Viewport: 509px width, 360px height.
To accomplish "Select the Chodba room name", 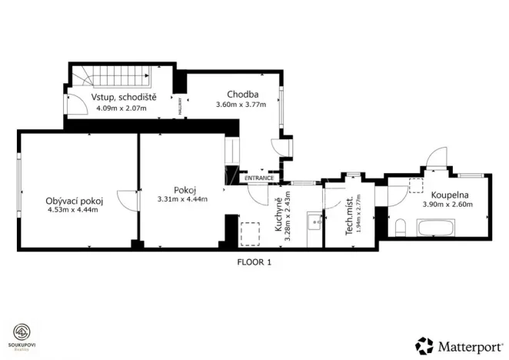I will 241,95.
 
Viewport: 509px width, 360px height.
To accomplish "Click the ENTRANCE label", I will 259,178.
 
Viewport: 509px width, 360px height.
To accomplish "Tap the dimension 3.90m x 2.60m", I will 447,205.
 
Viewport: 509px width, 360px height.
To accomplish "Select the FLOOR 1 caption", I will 254,262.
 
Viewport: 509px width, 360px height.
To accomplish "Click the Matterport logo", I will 457,344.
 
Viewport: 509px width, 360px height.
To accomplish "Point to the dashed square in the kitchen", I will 249,232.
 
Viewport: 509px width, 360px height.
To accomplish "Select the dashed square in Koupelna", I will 416,185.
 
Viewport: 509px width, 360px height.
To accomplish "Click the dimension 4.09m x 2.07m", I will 123,108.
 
